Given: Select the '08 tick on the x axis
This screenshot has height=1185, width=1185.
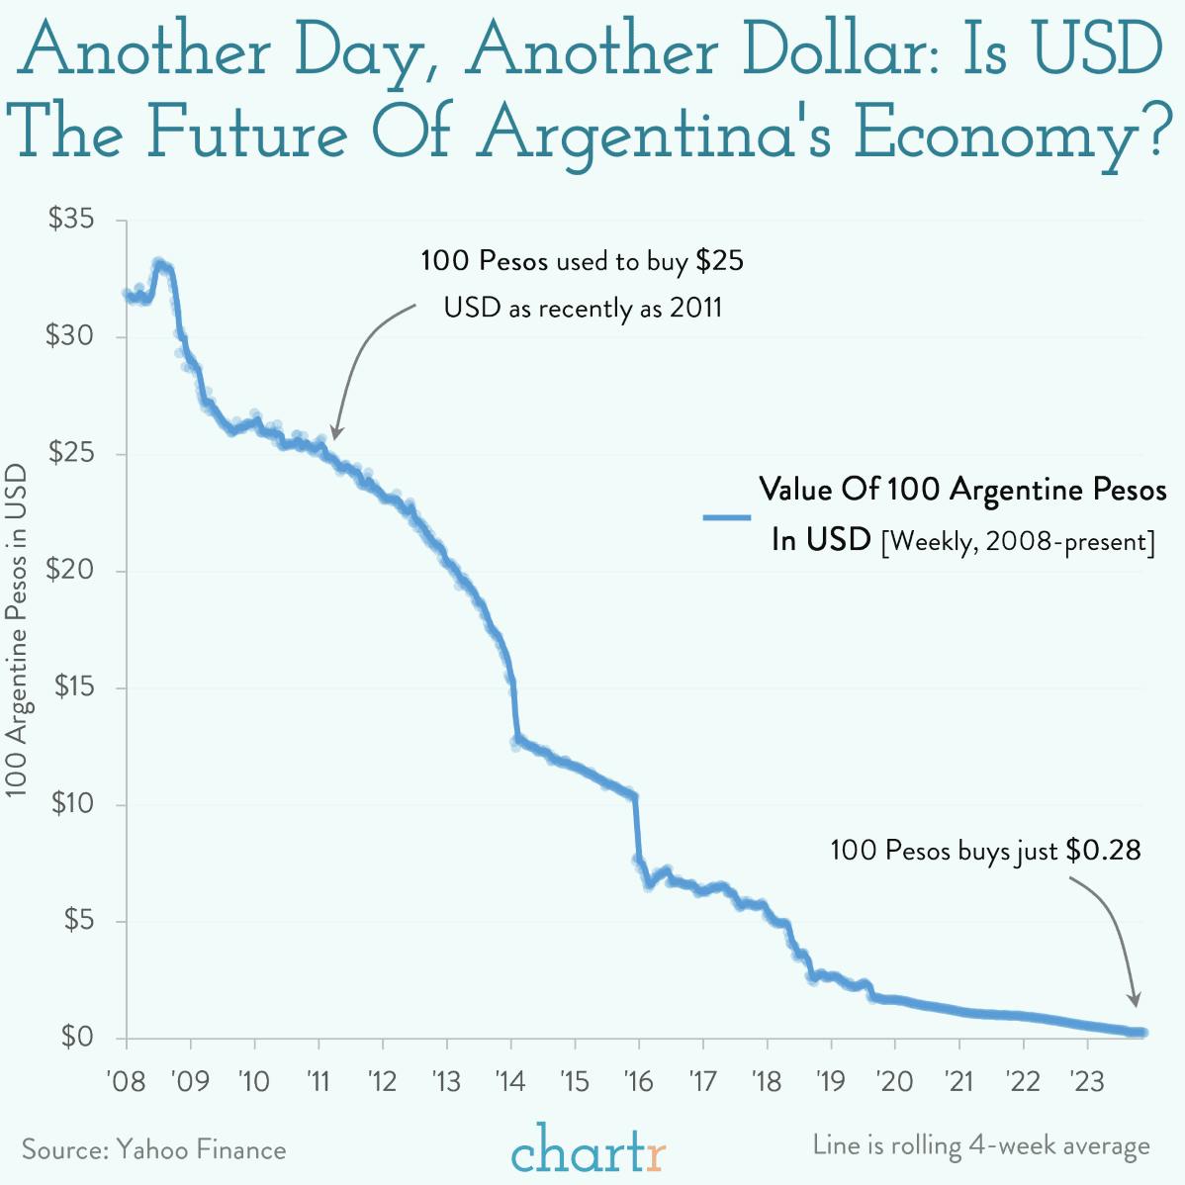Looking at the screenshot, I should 125,1081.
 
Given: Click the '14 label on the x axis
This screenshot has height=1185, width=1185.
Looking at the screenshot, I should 510,1081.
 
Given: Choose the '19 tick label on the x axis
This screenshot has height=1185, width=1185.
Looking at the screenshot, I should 830,1081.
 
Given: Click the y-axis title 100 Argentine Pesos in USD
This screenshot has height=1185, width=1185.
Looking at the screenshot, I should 18,631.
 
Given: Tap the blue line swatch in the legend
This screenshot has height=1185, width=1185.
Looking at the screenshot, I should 727,516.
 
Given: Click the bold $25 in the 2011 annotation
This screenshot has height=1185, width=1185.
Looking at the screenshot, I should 719,261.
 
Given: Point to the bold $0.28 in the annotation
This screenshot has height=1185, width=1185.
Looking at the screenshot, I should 1103,851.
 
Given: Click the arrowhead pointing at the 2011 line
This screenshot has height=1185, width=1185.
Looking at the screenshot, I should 335,433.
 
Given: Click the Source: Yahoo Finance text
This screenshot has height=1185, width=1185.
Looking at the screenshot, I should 153,1149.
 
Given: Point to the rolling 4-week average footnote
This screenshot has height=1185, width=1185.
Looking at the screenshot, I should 981,1145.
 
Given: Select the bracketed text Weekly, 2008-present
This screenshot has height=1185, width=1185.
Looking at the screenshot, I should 1018,542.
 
